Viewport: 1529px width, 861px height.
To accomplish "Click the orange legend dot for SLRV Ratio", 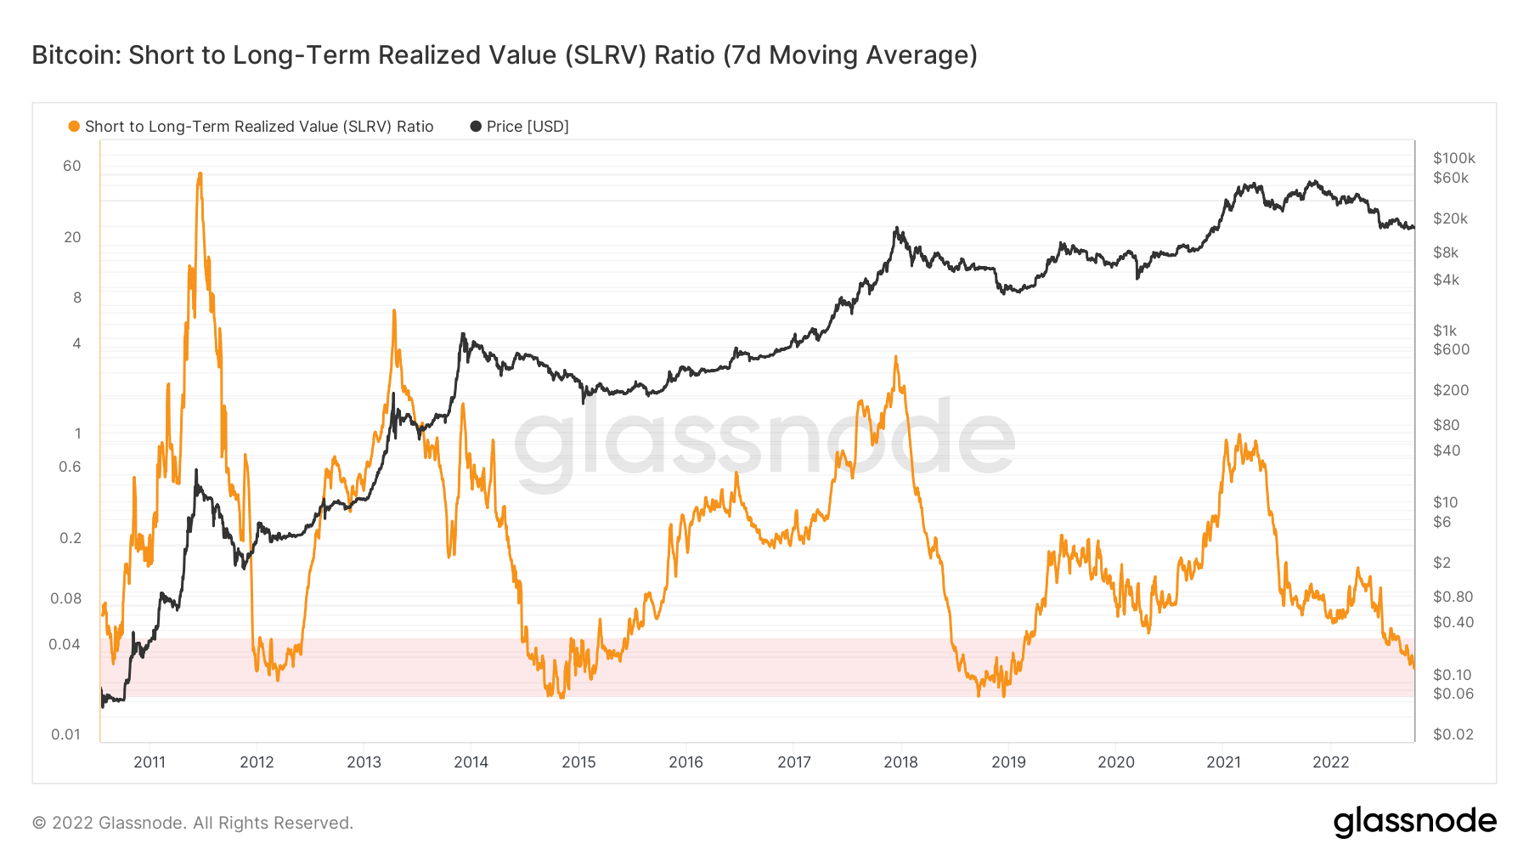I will (x=74, y=127).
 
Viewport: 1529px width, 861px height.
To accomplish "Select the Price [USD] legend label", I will (x=527, y=127).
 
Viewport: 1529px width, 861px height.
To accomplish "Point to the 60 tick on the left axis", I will (x=72, y=166).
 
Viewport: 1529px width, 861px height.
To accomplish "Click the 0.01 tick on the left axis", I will (x=65, y=734).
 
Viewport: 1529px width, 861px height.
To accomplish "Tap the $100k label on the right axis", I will (x=1453, y=158).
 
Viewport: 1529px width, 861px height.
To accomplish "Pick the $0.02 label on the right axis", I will (x=1453, y=734).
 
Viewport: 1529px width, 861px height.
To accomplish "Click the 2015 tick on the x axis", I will (x=578, y=762).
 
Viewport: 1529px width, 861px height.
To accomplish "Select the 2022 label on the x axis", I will (x=1330, y=762).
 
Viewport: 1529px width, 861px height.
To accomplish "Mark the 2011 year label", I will (x=150, y=762).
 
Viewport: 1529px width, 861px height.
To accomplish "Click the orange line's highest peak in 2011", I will (x=200, y=174).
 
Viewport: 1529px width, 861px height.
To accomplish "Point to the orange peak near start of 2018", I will (x=895, y=358).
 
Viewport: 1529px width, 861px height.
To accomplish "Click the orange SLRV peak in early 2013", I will (x=394, y=311).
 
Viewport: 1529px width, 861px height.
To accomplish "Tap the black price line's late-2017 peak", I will (x=896, y=229).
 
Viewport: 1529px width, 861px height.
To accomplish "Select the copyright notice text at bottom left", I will (x=192, y=823).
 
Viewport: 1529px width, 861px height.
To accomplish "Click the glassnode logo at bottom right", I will (x=1414, y=822).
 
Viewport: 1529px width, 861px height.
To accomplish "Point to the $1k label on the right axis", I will (x=1444, y=331).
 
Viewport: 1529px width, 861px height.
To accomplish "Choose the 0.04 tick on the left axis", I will (x=65, y=644).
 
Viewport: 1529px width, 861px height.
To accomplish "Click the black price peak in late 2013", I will (x=463, y=334).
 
